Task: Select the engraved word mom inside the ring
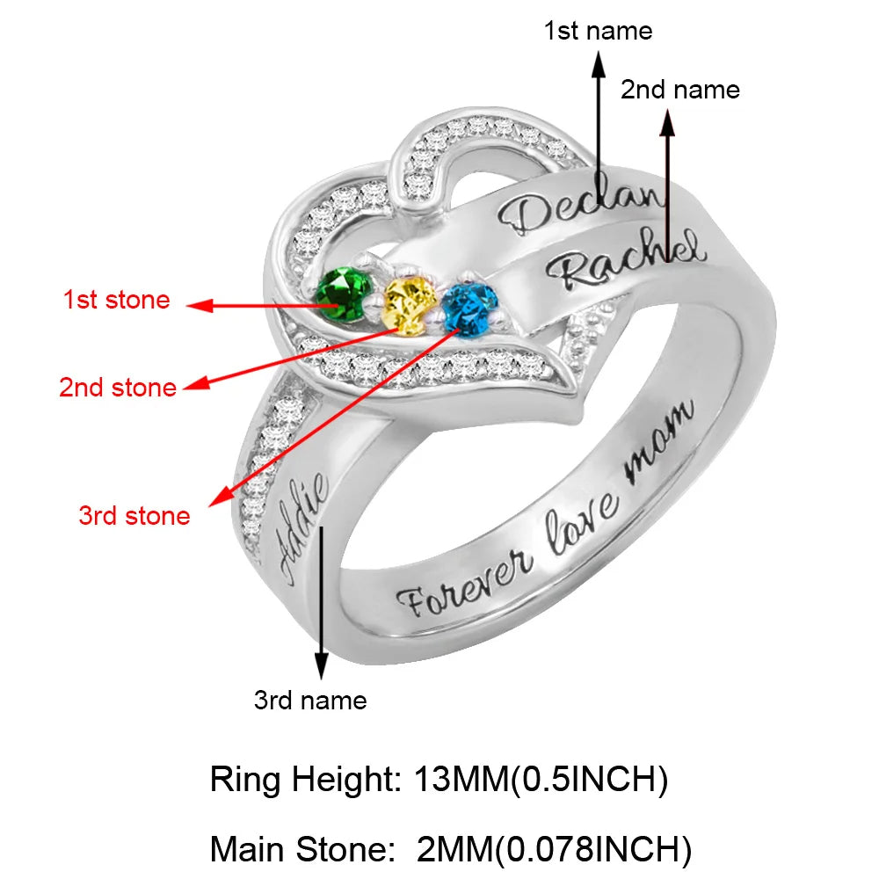tap(659, 444)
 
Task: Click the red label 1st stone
tap(116, 300)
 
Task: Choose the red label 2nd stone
tap(118, 387)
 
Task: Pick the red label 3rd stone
tap(134, 515)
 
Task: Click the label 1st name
tap(598, 32)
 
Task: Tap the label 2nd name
tap(680, 90)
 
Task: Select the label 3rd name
tap(310, 701)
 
